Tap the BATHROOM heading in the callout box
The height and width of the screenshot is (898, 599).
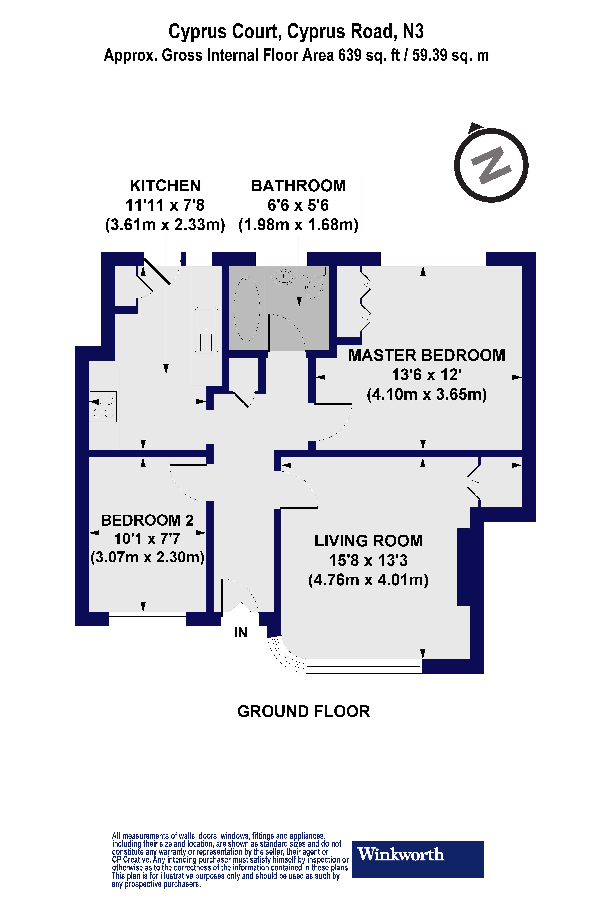pyautogui.click(x=298, y=186)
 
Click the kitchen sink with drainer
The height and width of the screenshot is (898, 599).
pyautogui.click(x=206, y=330)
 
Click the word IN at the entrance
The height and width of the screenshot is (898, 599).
pyautogui.click(x=241, y=633)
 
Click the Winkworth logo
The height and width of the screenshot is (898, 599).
pyautogui.click(x=418, y=855)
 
